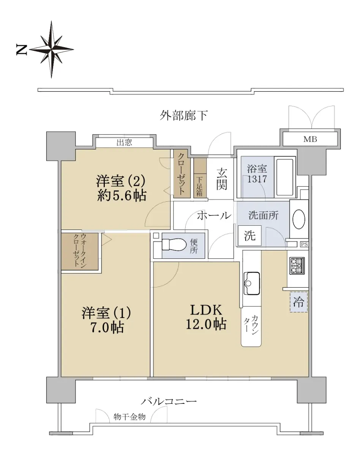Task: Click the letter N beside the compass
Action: click(x=22, y=50)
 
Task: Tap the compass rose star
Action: click(x=52, y=49)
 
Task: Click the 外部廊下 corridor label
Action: click(x=183, y=116)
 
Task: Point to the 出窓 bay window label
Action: click(x=124, y=142)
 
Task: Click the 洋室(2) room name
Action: click(x=121, y=180)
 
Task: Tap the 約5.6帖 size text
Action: click(x=122, y=195)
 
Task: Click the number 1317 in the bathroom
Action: click(x=257, y=179)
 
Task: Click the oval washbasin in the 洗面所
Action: click(x=298, y=219)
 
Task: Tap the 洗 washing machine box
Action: click(x=249, y=236)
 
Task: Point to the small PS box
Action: click(x=304, y=244)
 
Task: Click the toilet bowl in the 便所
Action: click(x=174, y=244)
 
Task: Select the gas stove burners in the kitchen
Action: click(x=297, y=266)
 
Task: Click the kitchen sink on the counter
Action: click(x=251, y=283)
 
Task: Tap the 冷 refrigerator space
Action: click(x=299, y=302)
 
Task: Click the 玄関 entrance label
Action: click(x=222, y=179)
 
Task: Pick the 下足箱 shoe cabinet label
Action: click(x=199, y=187)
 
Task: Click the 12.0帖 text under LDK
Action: click(x=206, y=324)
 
